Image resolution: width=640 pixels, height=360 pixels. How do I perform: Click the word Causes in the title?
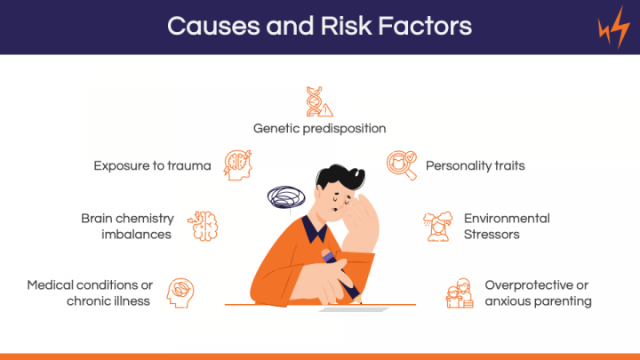(213, 26)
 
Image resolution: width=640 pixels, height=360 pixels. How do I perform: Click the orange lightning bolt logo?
(613, 28)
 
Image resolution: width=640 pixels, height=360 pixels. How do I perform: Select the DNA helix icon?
(319, 101)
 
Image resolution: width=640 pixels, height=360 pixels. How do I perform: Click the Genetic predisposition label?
(320, 129)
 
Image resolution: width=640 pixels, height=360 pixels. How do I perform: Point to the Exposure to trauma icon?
(237, 165)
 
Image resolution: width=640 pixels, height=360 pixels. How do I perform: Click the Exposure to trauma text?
(152, 165)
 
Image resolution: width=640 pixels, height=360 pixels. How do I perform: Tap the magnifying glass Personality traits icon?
(402, 165)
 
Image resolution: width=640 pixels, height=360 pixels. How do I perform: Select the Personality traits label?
(475, 165)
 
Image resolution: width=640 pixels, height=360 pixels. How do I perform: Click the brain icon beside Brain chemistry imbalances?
(203, 226)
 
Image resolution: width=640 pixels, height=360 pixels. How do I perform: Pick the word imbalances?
(136, 235)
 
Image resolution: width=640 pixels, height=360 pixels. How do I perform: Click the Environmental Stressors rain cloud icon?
(437, 226)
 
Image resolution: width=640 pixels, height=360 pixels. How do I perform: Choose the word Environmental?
(507, 219)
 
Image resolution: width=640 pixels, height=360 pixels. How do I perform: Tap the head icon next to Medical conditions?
(180, 292)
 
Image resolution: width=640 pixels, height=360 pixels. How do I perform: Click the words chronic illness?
(108, 301)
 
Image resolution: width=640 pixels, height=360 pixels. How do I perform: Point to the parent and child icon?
(460, 293)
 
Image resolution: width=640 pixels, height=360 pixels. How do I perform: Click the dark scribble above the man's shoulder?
(286, 196)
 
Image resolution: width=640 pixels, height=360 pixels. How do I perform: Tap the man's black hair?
(340, 176)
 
